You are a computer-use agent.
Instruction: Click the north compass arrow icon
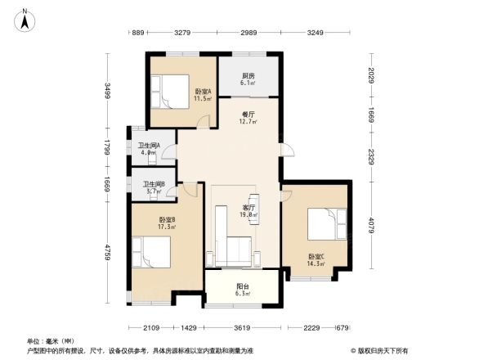point(25,18)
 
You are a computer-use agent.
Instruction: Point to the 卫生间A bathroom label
point(148,148)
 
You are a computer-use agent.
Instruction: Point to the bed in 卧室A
point(170,92)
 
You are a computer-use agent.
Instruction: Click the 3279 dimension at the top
point(182,33)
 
